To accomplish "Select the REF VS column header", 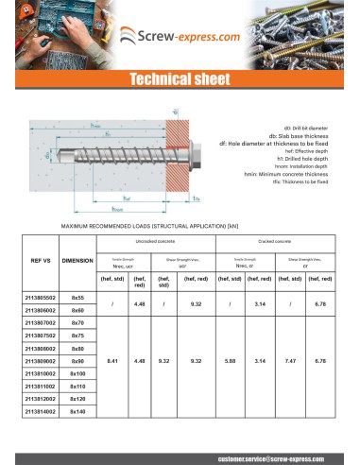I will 42,260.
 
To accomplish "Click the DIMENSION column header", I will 77,260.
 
